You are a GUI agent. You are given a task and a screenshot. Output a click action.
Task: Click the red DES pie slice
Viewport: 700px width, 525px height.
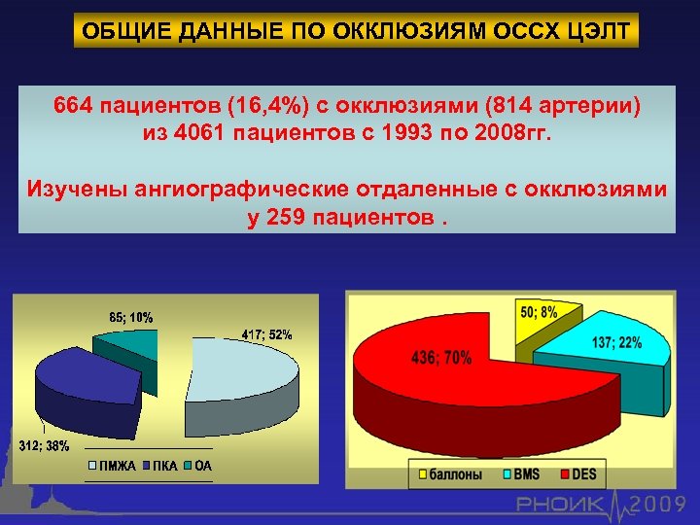[x=437, y=389]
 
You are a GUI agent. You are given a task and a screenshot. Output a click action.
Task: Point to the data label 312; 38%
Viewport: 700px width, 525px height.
[x=44, y=446]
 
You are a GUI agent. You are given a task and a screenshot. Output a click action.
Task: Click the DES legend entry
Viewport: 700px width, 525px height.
[x=580, y=474]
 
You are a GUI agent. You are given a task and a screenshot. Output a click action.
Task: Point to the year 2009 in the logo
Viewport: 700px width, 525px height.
[x=662, y=504]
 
